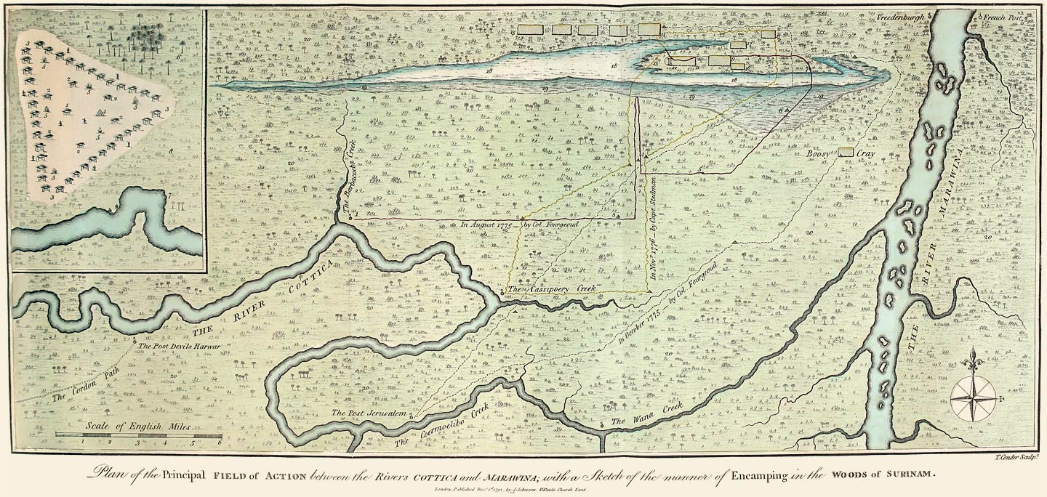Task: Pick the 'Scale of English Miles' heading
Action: pos(137,427)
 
